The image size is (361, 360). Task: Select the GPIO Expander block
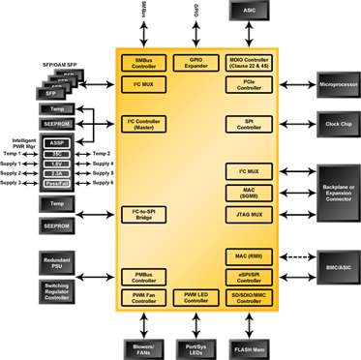(x=197, y=62)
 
